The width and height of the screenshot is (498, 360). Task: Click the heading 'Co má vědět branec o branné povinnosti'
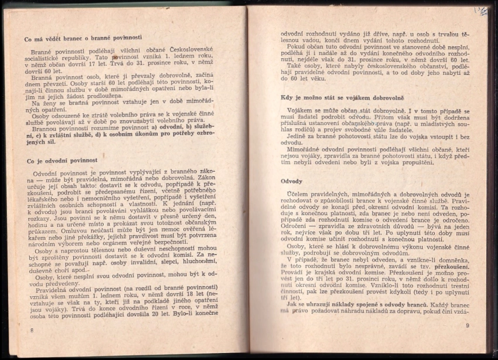[x=76, y=38]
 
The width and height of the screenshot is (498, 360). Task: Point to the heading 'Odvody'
[x=292, y=181]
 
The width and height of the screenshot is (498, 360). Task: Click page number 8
[x=32, y=331]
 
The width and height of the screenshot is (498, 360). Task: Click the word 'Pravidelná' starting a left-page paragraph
[x=55, y=290]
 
